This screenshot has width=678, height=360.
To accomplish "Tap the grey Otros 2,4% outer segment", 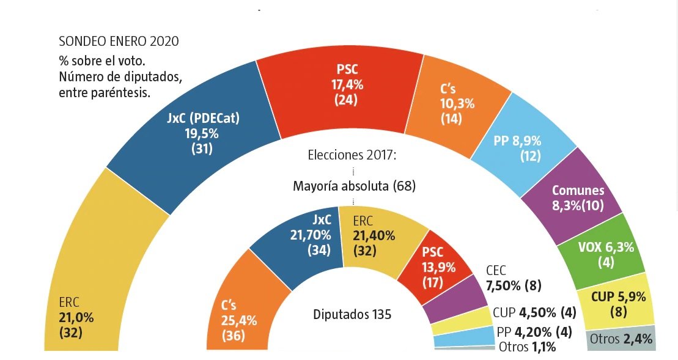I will point(621,339).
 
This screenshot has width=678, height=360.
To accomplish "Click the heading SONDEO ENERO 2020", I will point(119,42).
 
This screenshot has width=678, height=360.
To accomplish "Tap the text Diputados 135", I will point(352,315).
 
